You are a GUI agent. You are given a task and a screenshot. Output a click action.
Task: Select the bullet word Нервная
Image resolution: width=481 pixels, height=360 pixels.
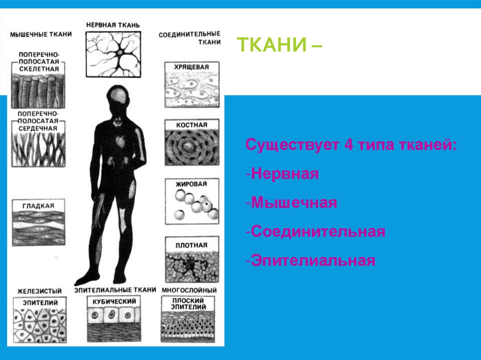pyautogui.click(x=285, y=174)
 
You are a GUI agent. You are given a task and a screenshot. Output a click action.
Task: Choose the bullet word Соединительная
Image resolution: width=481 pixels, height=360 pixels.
pyautogui.click(x=318, y=231)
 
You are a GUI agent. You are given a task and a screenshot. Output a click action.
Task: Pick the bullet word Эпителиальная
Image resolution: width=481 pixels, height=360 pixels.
pyautogui.click(x=313, y=260)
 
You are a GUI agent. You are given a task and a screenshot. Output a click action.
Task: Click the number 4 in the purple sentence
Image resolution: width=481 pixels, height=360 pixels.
pyautogui.click(x=348, y=145)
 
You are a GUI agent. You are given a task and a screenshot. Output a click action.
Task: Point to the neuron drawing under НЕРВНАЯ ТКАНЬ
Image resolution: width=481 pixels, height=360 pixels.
pyautogui.click(x=114, y=53)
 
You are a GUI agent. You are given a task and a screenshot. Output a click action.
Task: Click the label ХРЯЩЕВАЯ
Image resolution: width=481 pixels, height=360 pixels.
pyautogui.click(x=191, y=67)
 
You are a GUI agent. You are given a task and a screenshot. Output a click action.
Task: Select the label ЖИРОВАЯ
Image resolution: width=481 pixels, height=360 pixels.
pyautogui.click(x=191, y=184)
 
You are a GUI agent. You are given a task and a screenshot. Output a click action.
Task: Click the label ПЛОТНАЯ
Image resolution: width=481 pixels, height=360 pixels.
pyautogui.click(x=191, y=245)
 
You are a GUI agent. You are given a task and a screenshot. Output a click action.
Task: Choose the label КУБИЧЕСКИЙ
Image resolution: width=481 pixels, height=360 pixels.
pyautogui.click(x=114, y=301)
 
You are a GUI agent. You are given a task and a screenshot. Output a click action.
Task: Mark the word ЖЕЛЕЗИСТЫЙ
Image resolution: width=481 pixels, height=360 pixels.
pyautogui.click(x=39, y=291)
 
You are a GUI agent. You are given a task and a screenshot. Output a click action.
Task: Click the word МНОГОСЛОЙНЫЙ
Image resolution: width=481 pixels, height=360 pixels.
pyautogui.click(x=189, y=291)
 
